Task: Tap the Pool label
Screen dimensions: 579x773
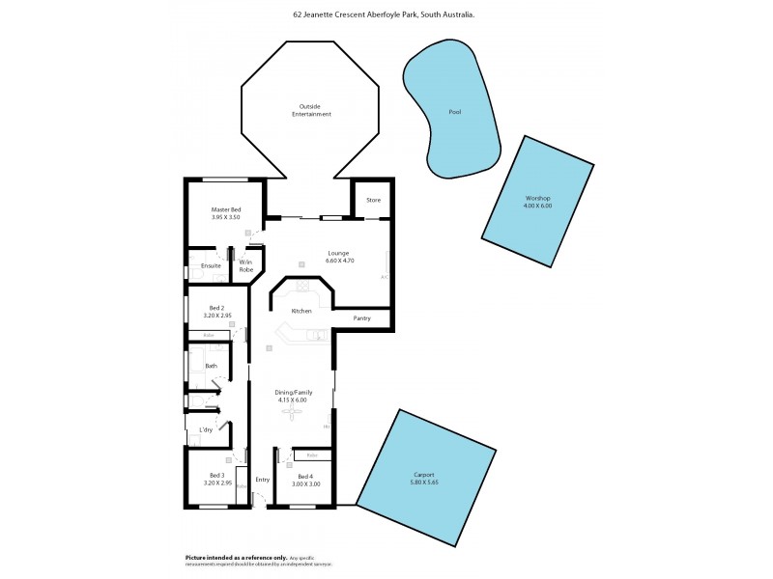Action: (x=455, y=112)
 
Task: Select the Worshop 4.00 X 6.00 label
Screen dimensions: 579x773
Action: (x=536, y=201)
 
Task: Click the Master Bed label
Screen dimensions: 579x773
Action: (x=226, y=210)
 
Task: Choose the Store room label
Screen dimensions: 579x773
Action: (x=373, y=201)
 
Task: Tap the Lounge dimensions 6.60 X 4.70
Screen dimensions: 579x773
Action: (x=310, y=260)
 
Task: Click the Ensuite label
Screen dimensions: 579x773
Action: (x=211, y=265)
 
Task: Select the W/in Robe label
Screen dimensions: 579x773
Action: (x=245, y=265)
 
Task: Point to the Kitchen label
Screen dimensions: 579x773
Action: (x=301, y=311)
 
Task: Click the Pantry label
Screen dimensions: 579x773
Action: (x=362, y=317)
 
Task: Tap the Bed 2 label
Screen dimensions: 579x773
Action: (x=215, y=308)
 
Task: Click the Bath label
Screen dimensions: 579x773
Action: (x=211, y=366)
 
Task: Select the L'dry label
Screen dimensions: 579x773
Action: (x=206, y=429)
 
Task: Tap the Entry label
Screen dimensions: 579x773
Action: (x=262, y=480)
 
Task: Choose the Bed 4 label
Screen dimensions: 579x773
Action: (x=305, y=477)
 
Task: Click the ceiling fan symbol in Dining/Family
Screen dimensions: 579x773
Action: (x=291, y=412)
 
